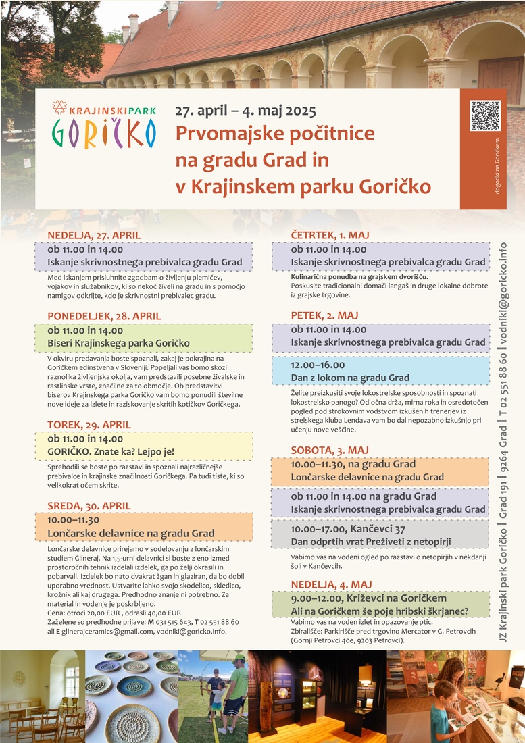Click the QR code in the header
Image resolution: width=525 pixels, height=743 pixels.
[484, 116]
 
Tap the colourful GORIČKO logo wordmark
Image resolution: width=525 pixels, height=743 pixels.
[103, 133]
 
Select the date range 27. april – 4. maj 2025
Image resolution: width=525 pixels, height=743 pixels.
[245, 111]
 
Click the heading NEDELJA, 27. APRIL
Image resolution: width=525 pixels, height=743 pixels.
[94, 235]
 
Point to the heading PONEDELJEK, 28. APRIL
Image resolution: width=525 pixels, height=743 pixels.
[104, 316]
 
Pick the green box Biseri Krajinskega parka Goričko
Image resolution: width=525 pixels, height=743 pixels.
[150, 337]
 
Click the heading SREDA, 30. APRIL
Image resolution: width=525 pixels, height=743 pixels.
[89, 506]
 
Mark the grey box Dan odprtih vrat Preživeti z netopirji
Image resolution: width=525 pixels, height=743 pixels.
[380, 534]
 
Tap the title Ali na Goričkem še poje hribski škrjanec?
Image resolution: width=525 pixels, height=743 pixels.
[380, 612]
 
